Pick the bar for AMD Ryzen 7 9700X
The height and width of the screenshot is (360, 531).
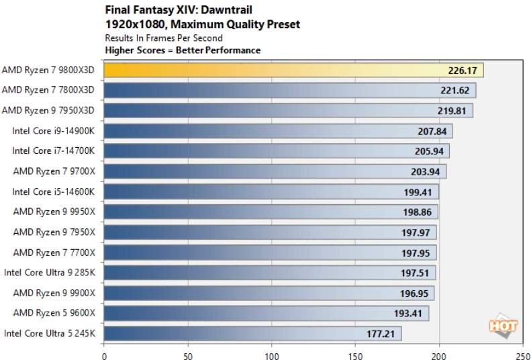[275, 171]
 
